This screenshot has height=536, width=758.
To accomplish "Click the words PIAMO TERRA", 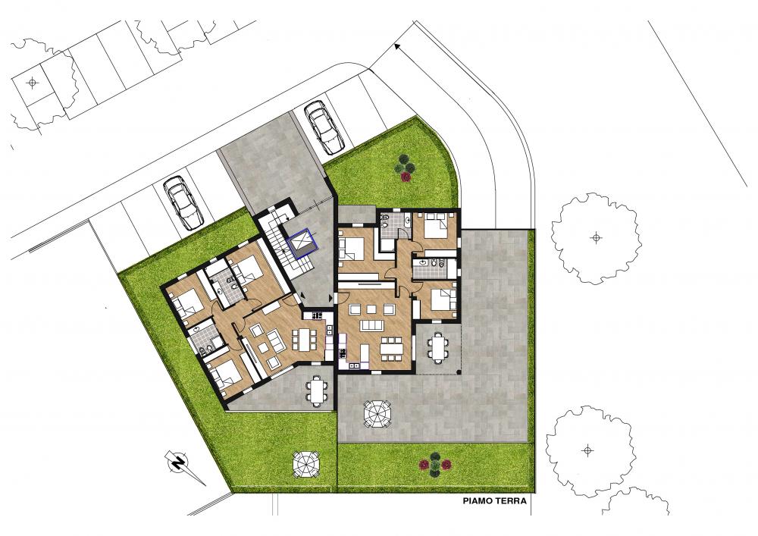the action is [x=494, y=500].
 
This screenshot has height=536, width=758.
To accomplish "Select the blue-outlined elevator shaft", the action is [x=301, y=241].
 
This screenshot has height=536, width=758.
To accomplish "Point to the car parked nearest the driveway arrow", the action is [x=324, y=127].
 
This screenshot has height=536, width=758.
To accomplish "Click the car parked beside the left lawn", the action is [x=183, y=202].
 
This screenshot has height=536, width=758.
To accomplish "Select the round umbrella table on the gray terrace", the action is [x=377, y=414].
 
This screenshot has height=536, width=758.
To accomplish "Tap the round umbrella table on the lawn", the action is [x=306, y=465].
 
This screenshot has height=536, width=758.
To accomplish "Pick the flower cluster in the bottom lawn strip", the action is [x=434, y=464].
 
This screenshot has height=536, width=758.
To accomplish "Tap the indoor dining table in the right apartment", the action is [x=390, y=349].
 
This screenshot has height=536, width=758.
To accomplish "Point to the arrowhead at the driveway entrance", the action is [x=398, y=47].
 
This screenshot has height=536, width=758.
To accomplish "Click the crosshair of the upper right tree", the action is [x=597, y=237].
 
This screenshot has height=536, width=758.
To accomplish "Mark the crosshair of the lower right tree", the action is [x=588, y=450].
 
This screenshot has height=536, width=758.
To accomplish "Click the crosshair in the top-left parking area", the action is [x=33, y=83].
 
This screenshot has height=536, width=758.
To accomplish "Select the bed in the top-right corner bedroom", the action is [x=437, y=224].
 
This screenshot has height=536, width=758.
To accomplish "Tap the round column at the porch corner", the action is [x=459, y=372].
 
